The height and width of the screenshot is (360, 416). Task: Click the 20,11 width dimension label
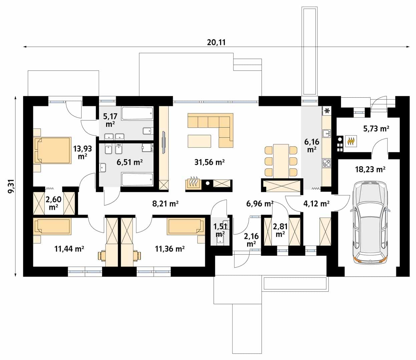pyautogui.click(x=217, y=42)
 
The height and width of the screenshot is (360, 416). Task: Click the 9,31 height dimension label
pyautogui.click(x=11, y=186)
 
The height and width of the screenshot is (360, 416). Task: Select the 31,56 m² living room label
pyautogui.click(x=209, y=162)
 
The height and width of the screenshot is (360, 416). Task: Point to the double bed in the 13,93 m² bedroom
pyautogui.click(x=53, y=150)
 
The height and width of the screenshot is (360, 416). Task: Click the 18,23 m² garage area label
pyautogui.click(x=370, y=169)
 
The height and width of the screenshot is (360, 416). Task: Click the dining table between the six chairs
pyautogui.click(x=281, y=161)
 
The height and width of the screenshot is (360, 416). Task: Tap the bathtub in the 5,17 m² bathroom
pyautogui.click(x=137, y=114)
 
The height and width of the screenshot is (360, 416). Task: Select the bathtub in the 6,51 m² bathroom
pyautogui.click(x=137, y=179)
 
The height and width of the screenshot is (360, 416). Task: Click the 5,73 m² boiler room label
pyautogui.click(x=376, y=129)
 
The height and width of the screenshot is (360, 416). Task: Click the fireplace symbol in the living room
pyautogui.click(x=193, y=183)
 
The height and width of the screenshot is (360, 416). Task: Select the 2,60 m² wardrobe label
pyautogui.click(x=53, y=203)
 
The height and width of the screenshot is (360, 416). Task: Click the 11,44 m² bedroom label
pyautogui.click(x=69, y=249)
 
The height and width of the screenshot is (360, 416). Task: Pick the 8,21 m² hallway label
pyautogui.click(x=165, y=204)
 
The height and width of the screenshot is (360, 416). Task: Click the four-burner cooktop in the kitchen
pyautogui.click(x=327, y=163)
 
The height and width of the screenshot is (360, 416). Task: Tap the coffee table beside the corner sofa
pyautogui.click(x=199, y=141)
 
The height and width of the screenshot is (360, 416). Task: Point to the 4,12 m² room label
pyautogui.click(x=316, y=204)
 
